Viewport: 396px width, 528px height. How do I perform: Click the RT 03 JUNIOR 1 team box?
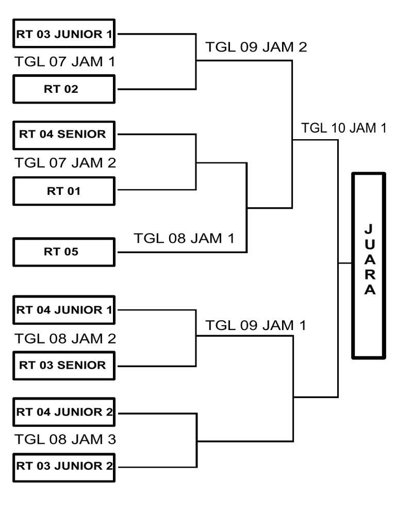(x=64, y=35)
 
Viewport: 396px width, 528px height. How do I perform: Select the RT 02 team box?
(x=64, y=89)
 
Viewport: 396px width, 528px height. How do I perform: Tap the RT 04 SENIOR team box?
(x=64, y=135)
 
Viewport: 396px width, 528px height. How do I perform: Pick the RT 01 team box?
(x=64, y=191)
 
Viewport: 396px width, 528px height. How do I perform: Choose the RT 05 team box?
(x=64, y=252)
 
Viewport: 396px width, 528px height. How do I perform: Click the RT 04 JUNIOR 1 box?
(x=64, y=310)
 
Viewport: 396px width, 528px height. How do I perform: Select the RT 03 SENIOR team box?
(x=64, y=365)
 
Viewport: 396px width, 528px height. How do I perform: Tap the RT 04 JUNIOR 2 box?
(x=64, y=412)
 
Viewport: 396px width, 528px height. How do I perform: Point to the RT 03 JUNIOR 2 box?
(x=64, y=466)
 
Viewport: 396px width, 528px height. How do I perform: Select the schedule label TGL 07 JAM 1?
(x=65, y=62)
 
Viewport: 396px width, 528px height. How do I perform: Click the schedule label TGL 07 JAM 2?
(x=65, y=163)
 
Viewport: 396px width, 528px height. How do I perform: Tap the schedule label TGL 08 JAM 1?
(x=184, y=238)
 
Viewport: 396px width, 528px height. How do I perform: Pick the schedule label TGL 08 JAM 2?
(x=65, y=339)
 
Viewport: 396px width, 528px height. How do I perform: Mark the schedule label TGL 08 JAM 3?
(x=65, y=439)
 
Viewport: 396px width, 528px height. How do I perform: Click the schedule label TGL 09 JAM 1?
(x=256, y=325)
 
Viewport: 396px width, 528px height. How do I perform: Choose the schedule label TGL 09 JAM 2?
(x=256, y=47)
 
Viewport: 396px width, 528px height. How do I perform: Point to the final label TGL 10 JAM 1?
(x=344, y=128)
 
